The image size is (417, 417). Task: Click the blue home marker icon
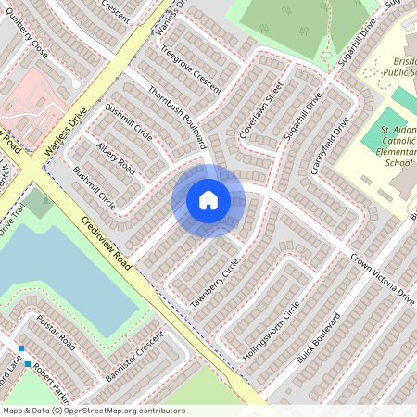(x=208, y=200)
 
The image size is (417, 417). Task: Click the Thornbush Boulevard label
(x=175, y=118)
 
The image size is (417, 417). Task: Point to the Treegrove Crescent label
(x=190, y=69)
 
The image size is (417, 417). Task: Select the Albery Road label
(x=117, y=159)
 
